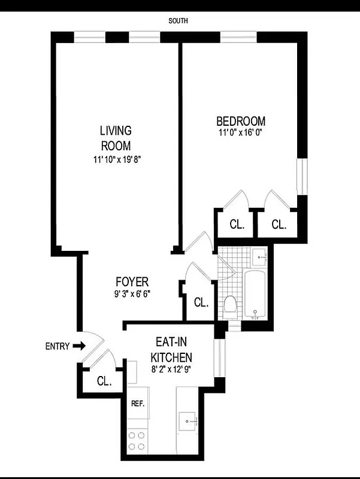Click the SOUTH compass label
tap(179, 20)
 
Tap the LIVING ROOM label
tap(116, 138)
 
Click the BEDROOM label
tap(240, 120)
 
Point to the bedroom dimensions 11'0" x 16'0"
tap(240, 133)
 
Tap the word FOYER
tap(132, 281)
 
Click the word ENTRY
tap(58, 346)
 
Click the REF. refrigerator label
tap(138, 404)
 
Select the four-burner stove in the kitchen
tap(137, 441)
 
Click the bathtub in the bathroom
tap(256, 294)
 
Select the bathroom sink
tap(261, 256)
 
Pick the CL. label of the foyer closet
tap(201, 302)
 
